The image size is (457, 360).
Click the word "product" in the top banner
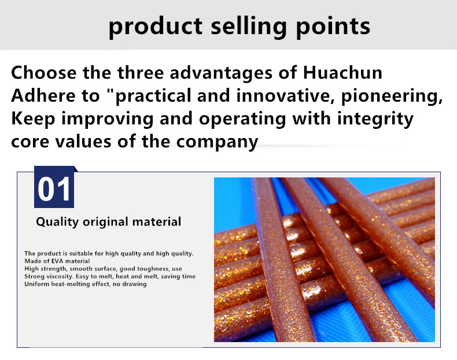156,27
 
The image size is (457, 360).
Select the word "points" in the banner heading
333,27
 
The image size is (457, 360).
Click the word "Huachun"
342,72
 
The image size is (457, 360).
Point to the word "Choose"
44,72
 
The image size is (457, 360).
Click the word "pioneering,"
392,97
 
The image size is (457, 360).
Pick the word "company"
217,142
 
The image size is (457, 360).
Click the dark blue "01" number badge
54,187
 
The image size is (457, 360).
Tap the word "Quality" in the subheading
57,222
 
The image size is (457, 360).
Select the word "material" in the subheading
157,222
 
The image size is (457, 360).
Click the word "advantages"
221,73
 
